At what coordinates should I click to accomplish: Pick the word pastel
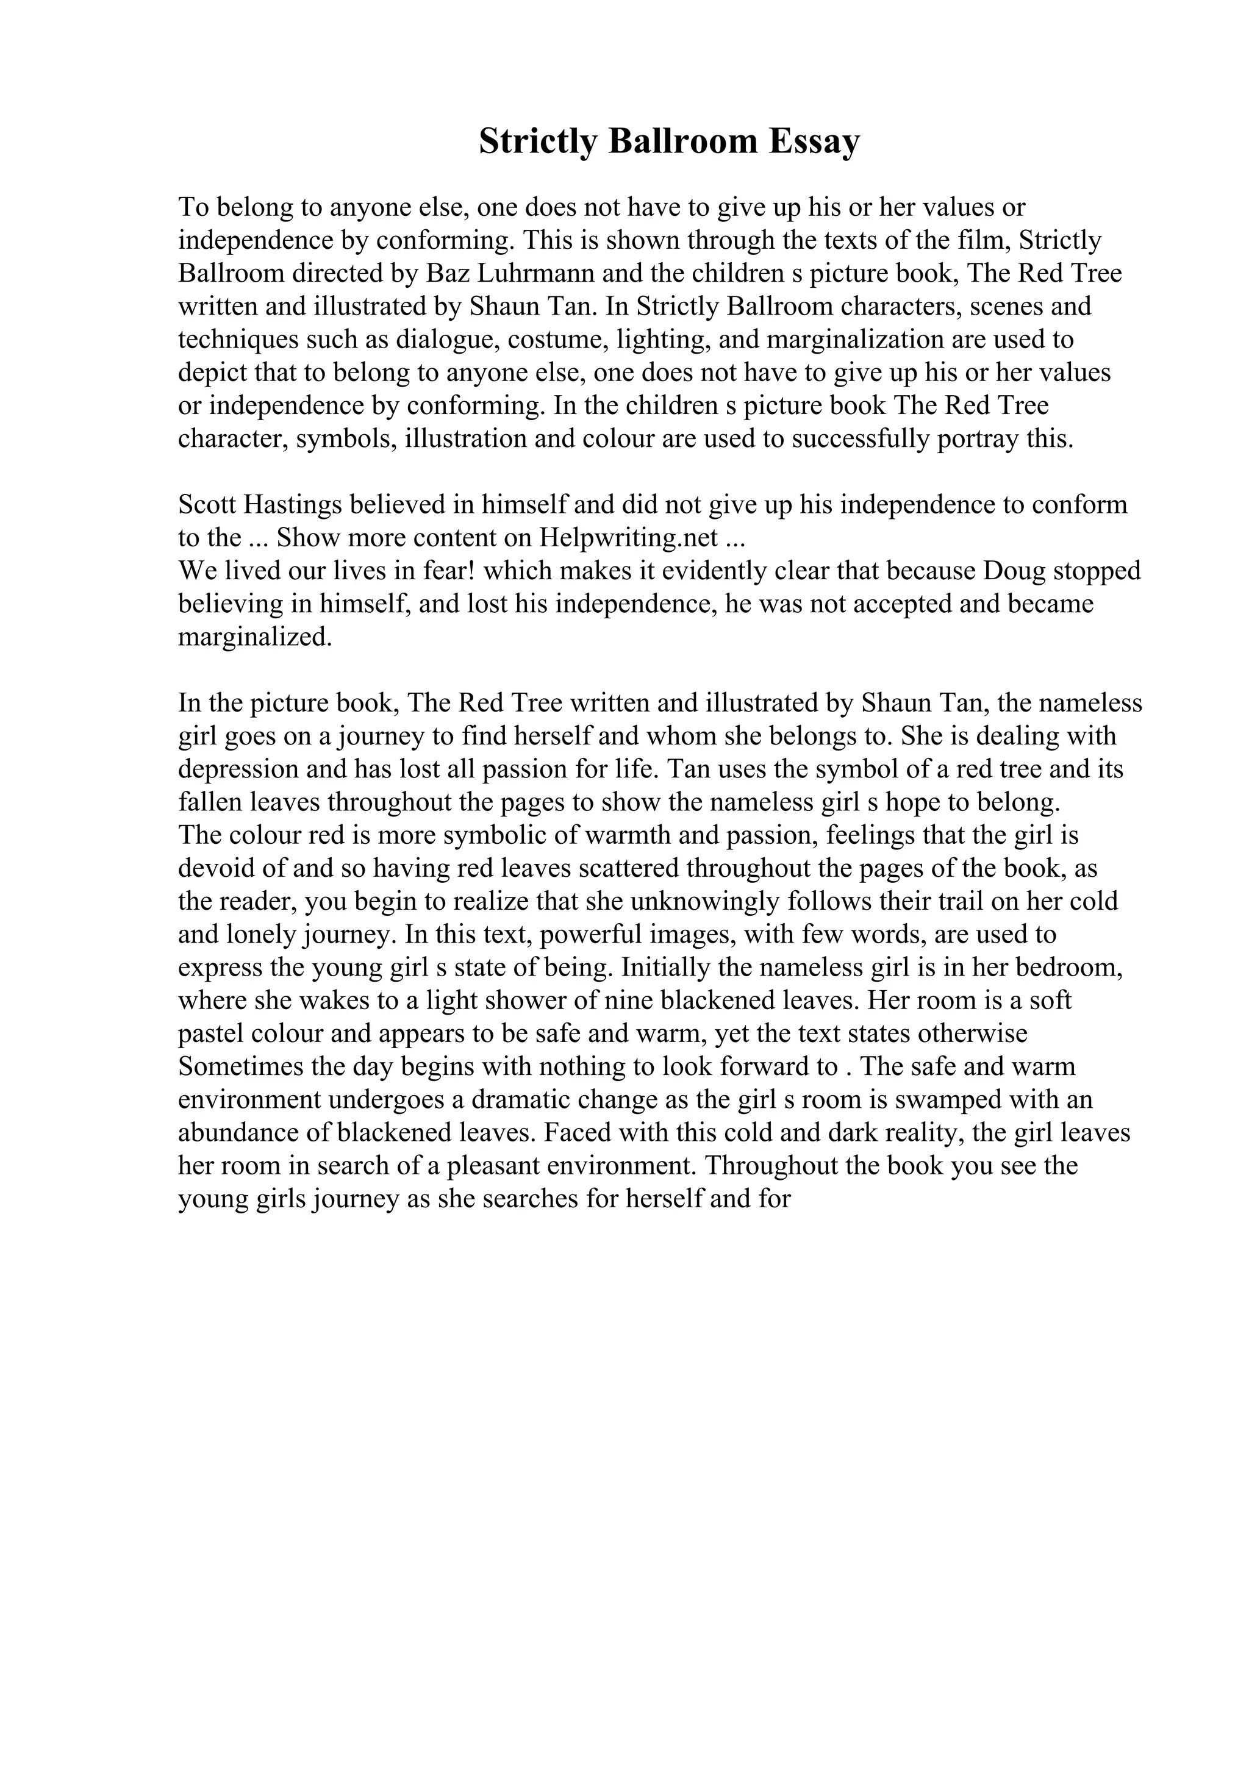coord(211,1033)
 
